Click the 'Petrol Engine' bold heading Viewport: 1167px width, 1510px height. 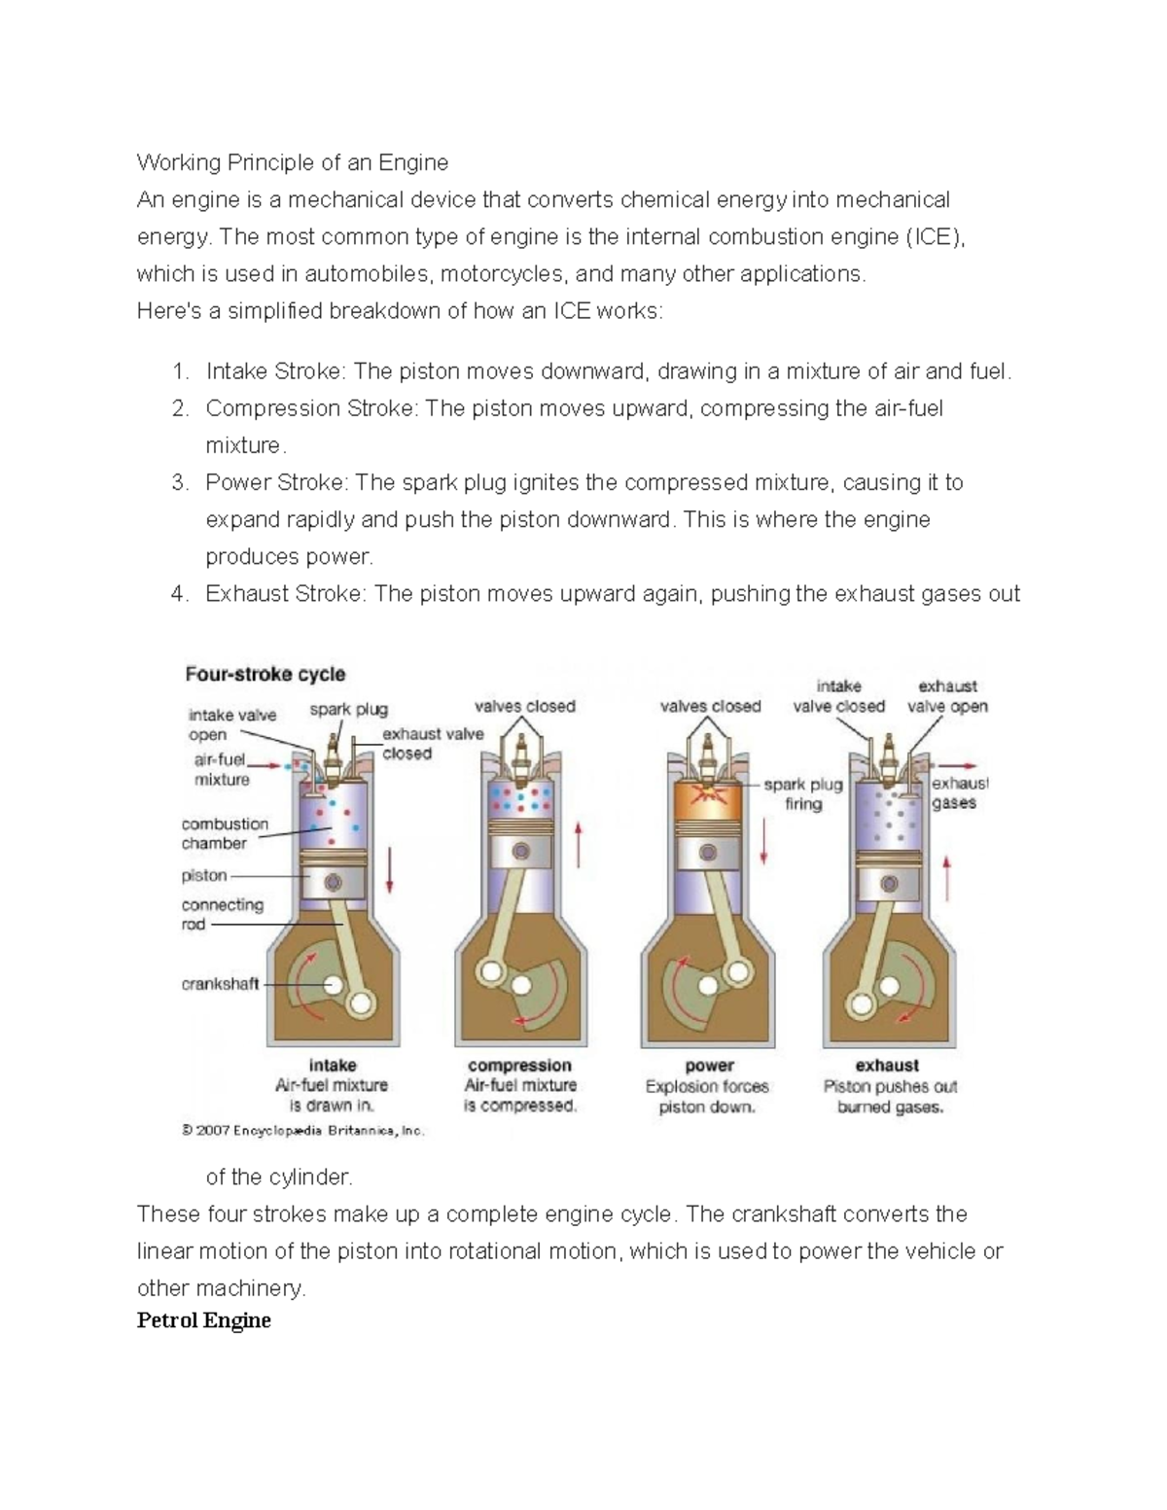(204, 1320)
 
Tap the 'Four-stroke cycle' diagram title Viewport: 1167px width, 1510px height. (265, 674)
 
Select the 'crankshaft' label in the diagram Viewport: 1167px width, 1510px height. (220, 984)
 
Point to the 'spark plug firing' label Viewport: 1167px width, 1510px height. (803, 794)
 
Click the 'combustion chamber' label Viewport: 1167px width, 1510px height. (224, 833)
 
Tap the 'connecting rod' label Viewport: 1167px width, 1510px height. (222, 914)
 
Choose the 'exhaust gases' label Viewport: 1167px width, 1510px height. (957, 792)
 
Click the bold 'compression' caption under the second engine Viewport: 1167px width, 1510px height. (519, 1065)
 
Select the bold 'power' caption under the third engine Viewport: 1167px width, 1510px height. (709, 1065)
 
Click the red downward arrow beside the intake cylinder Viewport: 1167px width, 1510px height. (390, 869)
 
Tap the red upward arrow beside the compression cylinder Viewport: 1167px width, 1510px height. (580, 843)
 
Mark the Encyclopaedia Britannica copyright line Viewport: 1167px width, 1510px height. (303, 1131)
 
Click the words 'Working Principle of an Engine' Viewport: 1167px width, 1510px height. (293, 162)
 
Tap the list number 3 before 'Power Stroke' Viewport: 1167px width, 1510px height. (179, 483)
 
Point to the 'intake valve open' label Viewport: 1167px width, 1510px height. (232, 724)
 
